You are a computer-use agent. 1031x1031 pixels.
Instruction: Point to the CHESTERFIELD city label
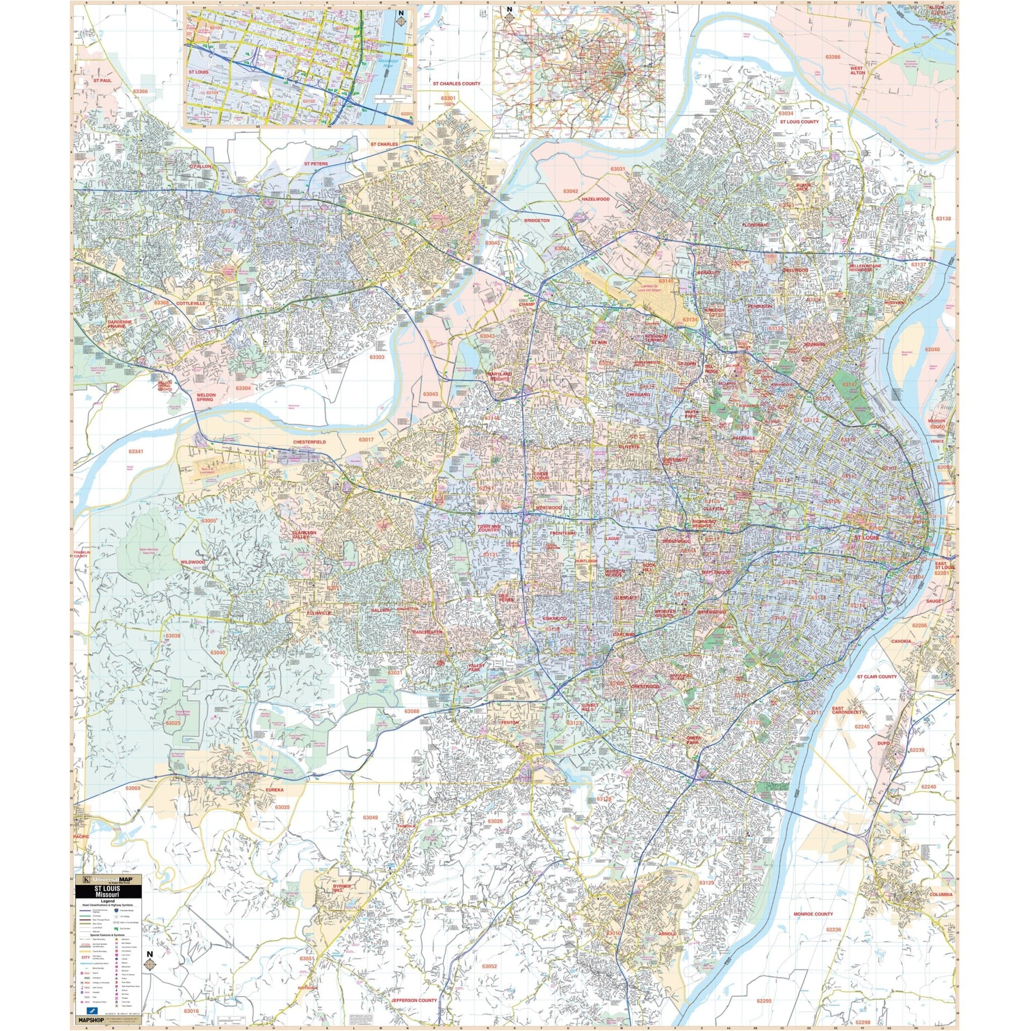309,441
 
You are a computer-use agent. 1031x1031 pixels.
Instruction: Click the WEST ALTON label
858,70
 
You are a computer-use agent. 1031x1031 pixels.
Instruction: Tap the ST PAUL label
102,80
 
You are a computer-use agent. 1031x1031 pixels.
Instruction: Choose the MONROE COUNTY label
814,914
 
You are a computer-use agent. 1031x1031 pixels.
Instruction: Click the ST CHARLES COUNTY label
457,84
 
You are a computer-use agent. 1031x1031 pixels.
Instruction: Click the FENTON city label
510,723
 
